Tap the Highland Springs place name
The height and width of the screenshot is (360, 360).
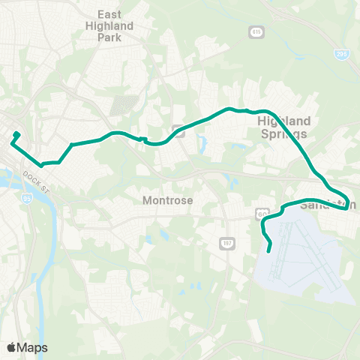(283, 127)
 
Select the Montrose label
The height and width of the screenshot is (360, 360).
(168, 201)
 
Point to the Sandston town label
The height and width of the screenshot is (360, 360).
(328, 205)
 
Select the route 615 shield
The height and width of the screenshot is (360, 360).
(256, 31)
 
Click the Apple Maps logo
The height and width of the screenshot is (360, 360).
(27, 347)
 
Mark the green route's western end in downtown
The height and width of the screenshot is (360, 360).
(16, 134)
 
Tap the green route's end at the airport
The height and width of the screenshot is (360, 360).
(268, 250)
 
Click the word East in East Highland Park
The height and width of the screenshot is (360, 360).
(115, 14)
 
